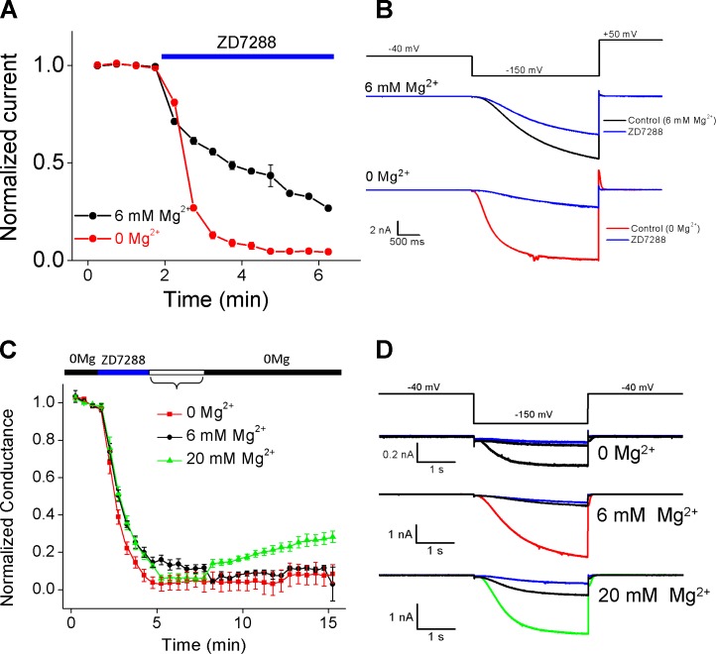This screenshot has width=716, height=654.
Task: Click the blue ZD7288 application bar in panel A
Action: click(x=247, y=56)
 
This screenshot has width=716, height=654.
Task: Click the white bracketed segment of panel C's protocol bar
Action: click(x=177, y=373)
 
